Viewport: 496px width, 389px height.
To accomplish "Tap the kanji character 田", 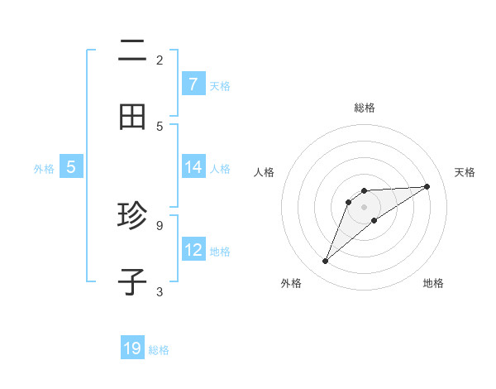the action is (x=132, y=118).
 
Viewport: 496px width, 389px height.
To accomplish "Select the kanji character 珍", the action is (x=132, y=217).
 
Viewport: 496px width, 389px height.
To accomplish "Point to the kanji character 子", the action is (x=132, y=282).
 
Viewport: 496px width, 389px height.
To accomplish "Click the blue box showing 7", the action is (x=193, y=84).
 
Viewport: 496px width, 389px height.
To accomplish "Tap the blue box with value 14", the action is (x=193, y=167).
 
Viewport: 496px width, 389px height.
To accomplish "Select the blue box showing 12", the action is (x=193, y=250).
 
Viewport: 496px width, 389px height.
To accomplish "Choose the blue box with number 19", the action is (x=132, y=348).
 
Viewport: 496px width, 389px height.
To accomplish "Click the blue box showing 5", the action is (x=71, y=167).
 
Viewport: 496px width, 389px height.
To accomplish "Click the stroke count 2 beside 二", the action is (x=160, y=60).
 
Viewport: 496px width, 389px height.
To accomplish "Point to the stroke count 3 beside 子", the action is (x=160, y=291).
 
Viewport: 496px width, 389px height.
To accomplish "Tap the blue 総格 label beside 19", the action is (x=159, y=350).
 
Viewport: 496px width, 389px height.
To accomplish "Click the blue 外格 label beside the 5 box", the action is (x=44, y=169).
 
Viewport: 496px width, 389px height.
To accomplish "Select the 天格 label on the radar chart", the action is (x=465, y=172).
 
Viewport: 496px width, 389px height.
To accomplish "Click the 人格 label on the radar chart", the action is (x=264, y=172).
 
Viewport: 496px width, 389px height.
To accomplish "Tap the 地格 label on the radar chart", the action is (x=433, y=283).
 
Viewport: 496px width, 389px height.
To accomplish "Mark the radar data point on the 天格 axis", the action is (x=427, y=186).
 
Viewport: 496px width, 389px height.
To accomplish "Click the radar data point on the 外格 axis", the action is (x=325, y=262).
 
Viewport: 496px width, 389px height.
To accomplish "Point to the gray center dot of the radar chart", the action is (x=364, y=206).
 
